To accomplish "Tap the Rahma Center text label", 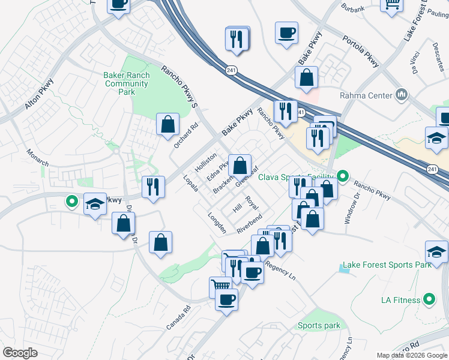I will pyautogui.click(x=366, y=95).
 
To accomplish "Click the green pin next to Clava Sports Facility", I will pyautogui.click(x=343, y=176).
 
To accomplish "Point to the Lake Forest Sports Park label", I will pyautogui.click(x=387, y=265).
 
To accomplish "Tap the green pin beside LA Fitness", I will pyautogui.click(x=429, y=298).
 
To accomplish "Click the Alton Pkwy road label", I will pyautogui.click(x=40, y=96).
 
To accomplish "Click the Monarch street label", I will pyautogui.click(x=37, y=155).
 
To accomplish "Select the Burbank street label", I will pyautogui.click(x=352, y=9).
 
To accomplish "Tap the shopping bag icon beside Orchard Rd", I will pyautogui.click(x=168, y=124).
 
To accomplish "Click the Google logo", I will pyautogui.click(x=20, y=353).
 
